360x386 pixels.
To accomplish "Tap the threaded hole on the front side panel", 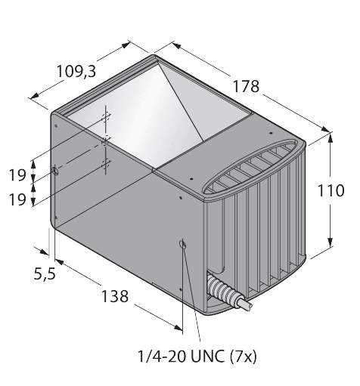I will (x=183, y=243).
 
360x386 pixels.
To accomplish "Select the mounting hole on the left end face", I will (x=55, y=173).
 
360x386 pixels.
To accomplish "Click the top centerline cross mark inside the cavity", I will (x=106, y=117).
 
